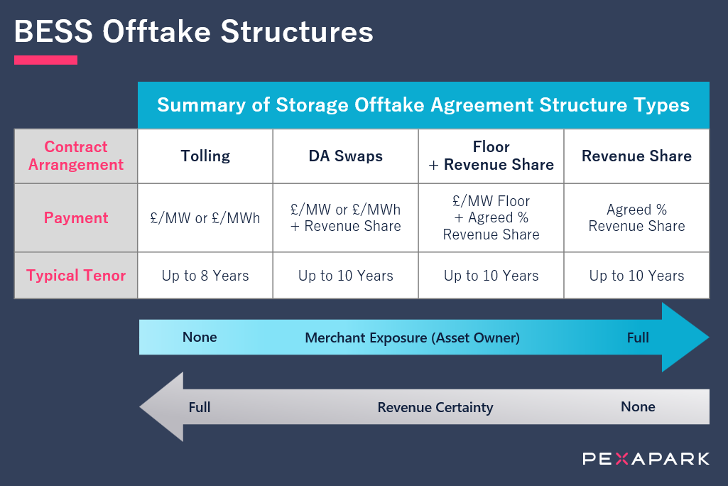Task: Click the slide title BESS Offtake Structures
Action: point(193,32)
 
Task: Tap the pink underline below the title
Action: point(45,60)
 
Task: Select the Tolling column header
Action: point(205,156)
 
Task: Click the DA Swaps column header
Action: point(345,156)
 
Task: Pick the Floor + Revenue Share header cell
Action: point(491,156)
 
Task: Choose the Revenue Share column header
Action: point(636,156)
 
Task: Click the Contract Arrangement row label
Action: point(76,156)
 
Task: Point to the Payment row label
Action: point(76,218)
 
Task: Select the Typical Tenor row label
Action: point(76,275)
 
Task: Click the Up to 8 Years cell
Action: point(205,276)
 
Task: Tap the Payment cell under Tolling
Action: point(205,218)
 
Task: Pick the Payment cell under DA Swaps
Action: point(345,218)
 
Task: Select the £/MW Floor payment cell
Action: point(491,218)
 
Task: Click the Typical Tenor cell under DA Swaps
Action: point(345,276)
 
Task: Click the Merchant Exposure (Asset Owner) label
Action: point(412,338)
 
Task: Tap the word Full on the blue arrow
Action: point(638,337)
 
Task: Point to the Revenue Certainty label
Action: point(435,408)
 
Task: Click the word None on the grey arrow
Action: point(638,407)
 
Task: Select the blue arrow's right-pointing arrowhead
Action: point(685,337)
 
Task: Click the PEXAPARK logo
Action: point(646,459)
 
